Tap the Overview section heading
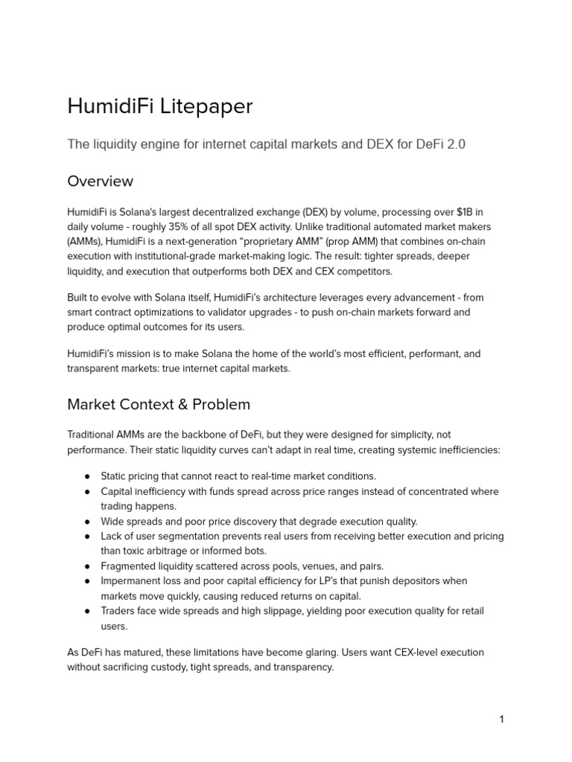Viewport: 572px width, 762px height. (x=101, y=181)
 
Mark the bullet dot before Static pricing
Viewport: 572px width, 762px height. (x=87, y=476)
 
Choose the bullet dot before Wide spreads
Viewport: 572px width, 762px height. (x=87, y=522)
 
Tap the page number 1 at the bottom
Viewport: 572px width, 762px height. (x=502, y=719)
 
